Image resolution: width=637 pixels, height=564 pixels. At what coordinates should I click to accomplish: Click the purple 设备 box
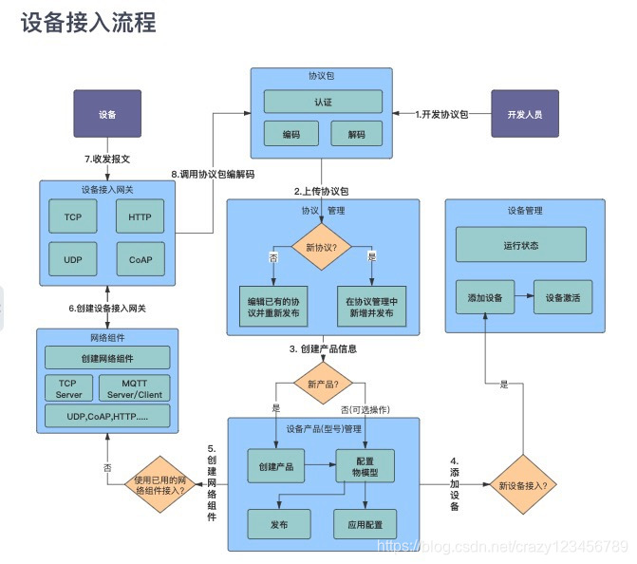click(x=107, y=114)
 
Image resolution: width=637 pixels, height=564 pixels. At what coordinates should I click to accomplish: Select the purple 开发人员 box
click(x=524, y=114)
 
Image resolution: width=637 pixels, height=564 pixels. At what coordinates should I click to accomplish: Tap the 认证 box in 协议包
click(x=323, y=102)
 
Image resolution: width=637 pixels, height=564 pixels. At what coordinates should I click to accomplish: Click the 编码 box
click(x=291, y=134)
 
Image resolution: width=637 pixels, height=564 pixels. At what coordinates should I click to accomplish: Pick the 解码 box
click(x=355, y=134)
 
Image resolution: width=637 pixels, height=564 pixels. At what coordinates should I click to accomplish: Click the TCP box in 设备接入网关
click(x=73, y=216)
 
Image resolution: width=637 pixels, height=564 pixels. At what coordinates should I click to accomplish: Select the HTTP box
click(x=140, y=216)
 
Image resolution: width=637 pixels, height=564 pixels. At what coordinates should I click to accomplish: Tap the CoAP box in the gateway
click(x=140, y=259)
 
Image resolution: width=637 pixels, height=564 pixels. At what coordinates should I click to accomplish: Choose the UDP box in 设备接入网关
click(x=73, y=259)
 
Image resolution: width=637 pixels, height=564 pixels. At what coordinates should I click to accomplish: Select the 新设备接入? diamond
click(x=522, y=485)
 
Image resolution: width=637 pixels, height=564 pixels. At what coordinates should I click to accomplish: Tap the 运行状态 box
click(x=520, y=245)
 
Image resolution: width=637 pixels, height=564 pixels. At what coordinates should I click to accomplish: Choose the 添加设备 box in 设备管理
click(x=484, y=297)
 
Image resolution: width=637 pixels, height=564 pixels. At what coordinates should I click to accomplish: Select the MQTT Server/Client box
click(x=134, y=387)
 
